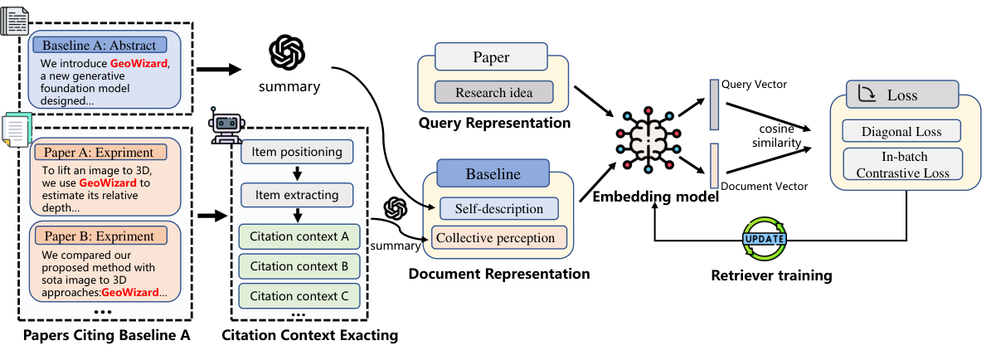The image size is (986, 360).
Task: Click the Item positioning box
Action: pyautogui.click(x=297, y=152)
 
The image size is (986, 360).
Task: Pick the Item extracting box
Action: pyautogui.click(x=297, y=196)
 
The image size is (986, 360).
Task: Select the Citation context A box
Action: pyautogui.click(x=299, y=236)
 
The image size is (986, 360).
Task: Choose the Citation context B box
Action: pyautogui.click(x=299, y=266)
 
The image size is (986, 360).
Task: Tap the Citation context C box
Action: pyautogui.click(x=299, y=296)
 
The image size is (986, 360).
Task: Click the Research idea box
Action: pyautogui.click(x=493, y=92)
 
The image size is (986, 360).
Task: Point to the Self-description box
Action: pyautogui.click(x=498, y=209)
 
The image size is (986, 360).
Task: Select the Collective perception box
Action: pyautogui.click(x=497, y=238)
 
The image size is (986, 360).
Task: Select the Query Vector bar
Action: pyautogui.click(x=714, y=105)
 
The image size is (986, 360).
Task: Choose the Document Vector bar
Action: pyautogui.click(x=714, y=166)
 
